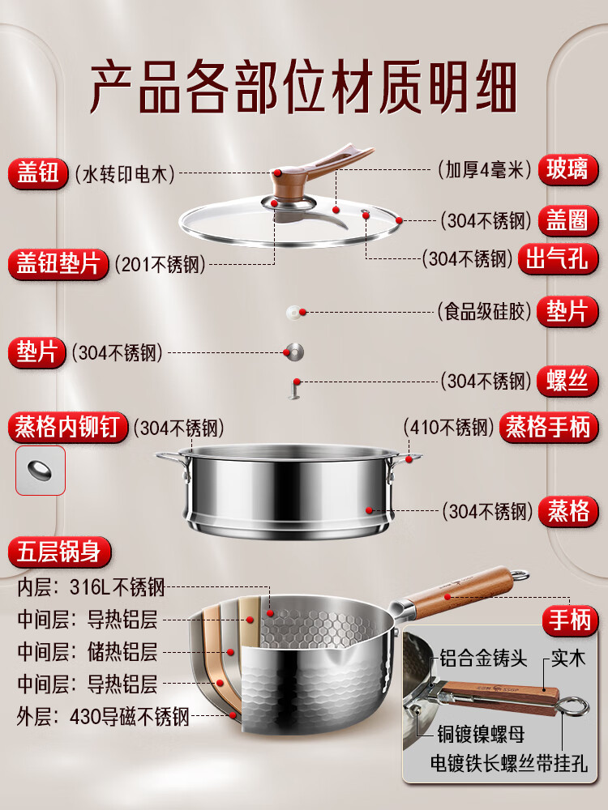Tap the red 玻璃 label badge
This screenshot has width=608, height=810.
click(569, 170)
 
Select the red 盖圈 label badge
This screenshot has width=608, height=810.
click(569, 220)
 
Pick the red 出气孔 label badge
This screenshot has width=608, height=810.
click(559, 259)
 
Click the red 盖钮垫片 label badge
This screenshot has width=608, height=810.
click(58, 264)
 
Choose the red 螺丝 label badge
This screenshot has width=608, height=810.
click(569, 380)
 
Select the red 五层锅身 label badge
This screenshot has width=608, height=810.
click(59, 552)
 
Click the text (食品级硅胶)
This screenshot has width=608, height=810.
click(482, 312)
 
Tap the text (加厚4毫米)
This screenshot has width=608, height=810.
click(484, 170)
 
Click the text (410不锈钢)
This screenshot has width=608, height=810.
click(448, 427)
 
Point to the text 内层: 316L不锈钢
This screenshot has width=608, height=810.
click(92, 587)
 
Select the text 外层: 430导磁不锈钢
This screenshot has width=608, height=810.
click(103, 716)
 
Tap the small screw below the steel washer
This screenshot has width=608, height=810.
click(294, 389)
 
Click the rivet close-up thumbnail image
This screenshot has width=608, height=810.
click(40, 470)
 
